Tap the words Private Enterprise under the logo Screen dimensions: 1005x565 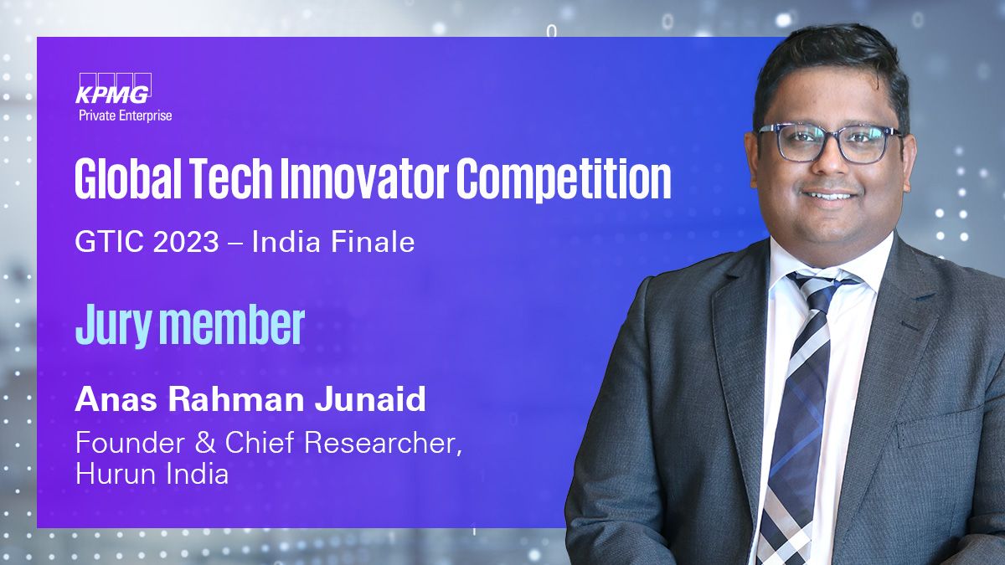[x=126, y=116]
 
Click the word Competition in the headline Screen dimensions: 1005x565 [x=564, y=179]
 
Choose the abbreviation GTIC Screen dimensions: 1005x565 [x=109, y=242]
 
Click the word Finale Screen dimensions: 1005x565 [x=373, y=242]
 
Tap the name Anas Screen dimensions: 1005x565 [x=116, y=399]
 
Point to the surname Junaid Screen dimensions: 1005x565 [x=369, y=399]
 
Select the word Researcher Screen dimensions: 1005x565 [x=383, y=443]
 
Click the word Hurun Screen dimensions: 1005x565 [x=116, y=474]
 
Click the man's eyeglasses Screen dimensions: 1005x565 [x=831, y=143]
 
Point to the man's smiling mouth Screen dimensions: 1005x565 [x=831, y=196]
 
